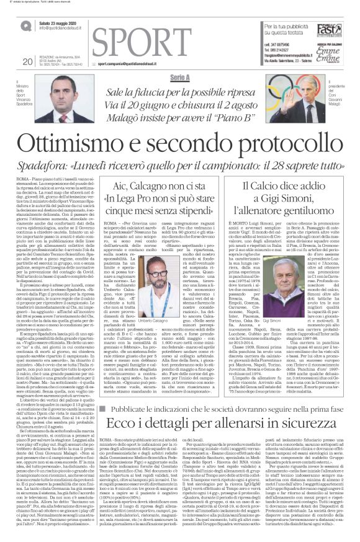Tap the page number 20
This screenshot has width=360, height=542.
[27, 61]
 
